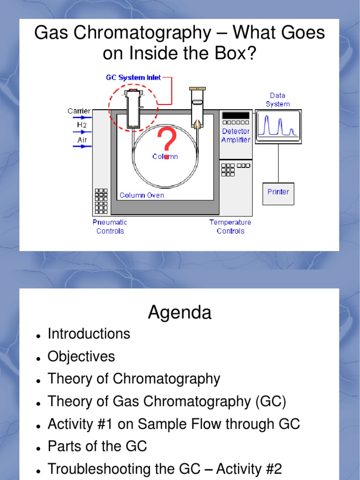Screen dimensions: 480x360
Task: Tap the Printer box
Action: (278, 192)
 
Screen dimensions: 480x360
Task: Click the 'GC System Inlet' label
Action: (134, 77)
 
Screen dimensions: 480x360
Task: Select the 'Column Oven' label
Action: (142, 195)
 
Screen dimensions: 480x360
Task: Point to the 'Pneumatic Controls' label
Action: (110, 226)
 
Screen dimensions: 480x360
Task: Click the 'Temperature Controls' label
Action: (230, 226)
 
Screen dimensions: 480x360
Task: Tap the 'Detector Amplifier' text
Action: (236, 135)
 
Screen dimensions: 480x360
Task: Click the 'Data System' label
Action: (277, 100)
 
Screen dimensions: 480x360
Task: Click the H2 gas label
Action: (82, 125)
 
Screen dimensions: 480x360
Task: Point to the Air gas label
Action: (82, 140)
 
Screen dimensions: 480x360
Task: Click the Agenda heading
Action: (180, 313)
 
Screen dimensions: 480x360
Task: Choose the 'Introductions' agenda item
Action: (89, 334)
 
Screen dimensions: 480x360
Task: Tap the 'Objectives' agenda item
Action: (81, 356)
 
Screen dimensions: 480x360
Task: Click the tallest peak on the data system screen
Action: (269, 124)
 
